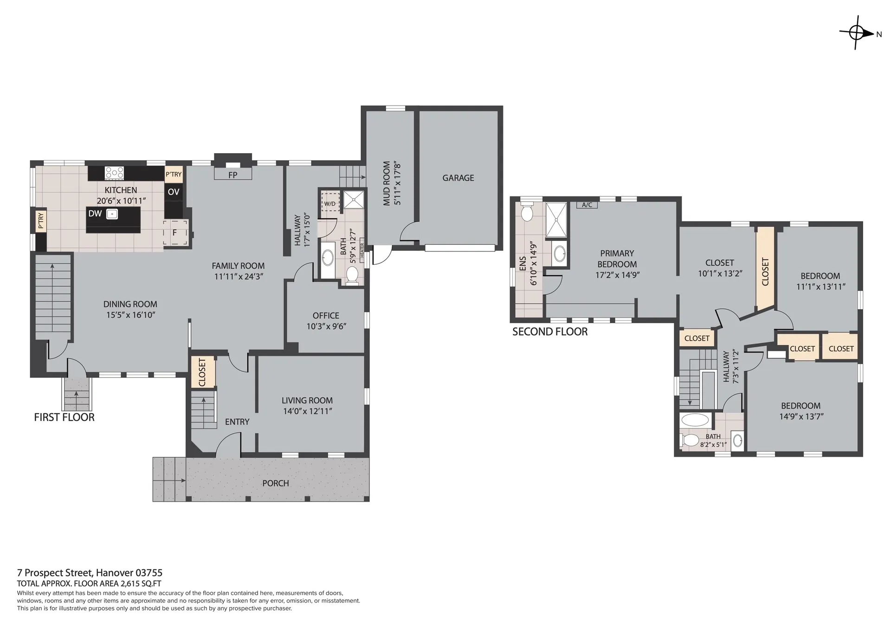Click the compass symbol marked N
[x=857, y=33]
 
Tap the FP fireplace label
[x=232, y=175]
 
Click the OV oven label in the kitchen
[x=174, y=192]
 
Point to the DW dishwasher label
[x=95, y=214]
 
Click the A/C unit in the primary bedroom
[x=587, y=205]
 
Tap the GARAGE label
[x=458, y=178]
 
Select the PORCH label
[x=276, y=483]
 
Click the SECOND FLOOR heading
[x=550, y=331]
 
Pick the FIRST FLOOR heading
[x=64, y=417]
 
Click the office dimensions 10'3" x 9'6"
[x=326, y=326]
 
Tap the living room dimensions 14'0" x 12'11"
[x=307, y=411]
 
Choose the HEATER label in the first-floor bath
[x=362, y=250]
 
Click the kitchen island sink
[x=111, y=214]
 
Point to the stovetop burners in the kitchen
[x=114, y=173]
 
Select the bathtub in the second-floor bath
[x=695, y=420]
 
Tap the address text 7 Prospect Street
[x=55, y=573]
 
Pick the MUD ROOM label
[x=387, y=183]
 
